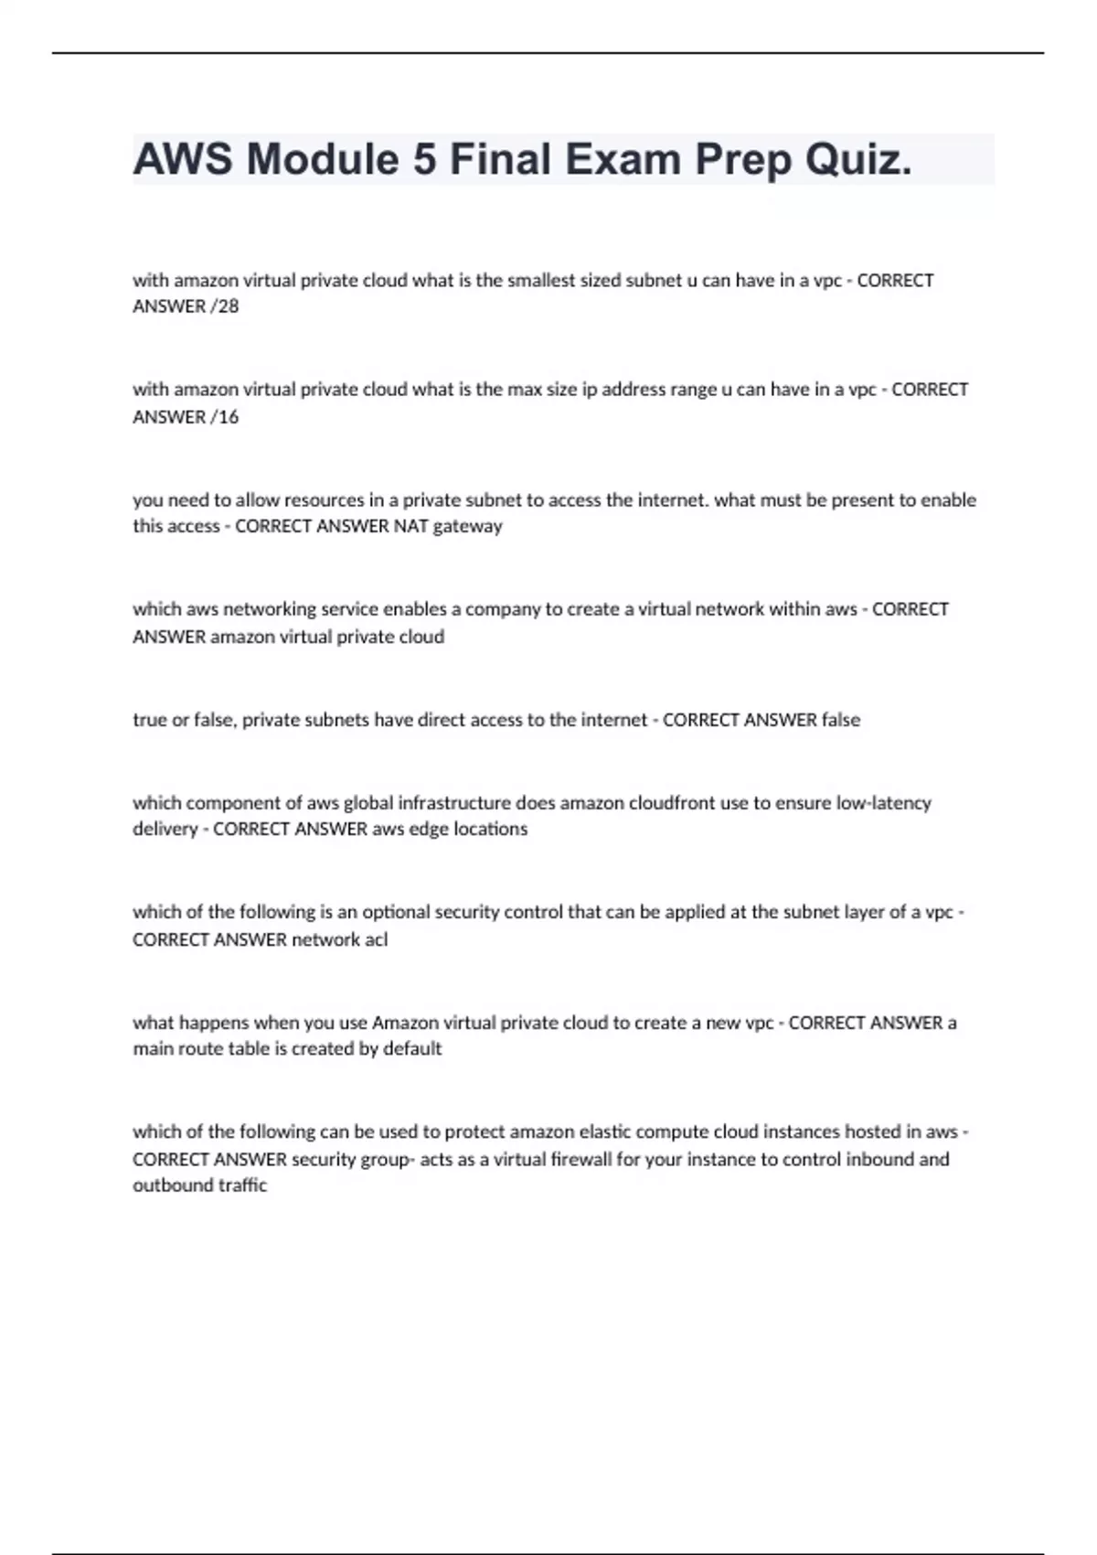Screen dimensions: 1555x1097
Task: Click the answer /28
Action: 225,306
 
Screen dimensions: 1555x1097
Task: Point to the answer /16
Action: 225,417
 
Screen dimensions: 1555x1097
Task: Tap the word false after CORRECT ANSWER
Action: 840,720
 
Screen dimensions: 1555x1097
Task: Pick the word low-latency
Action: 883,803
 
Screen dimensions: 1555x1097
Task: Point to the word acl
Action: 376,939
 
